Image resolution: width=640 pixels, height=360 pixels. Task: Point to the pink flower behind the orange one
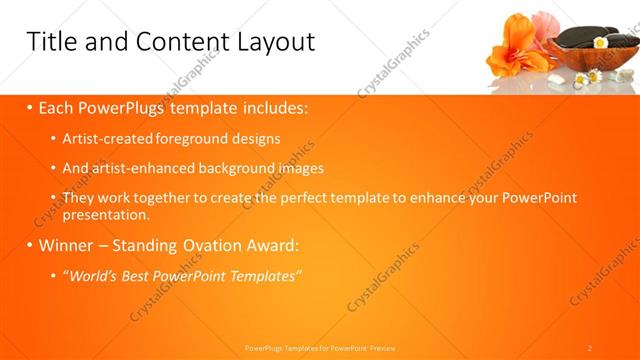coord(545,24)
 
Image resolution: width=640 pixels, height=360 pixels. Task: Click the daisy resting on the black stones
coord(599,43)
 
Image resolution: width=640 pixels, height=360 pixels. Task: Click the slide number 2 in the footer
coord(589,348)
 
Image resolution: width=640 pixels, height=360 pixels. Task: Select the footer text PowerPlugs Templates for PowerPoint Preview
coord(320,348)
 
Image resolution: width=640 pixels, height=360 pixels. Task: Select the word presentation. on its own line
coord(106,214)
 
